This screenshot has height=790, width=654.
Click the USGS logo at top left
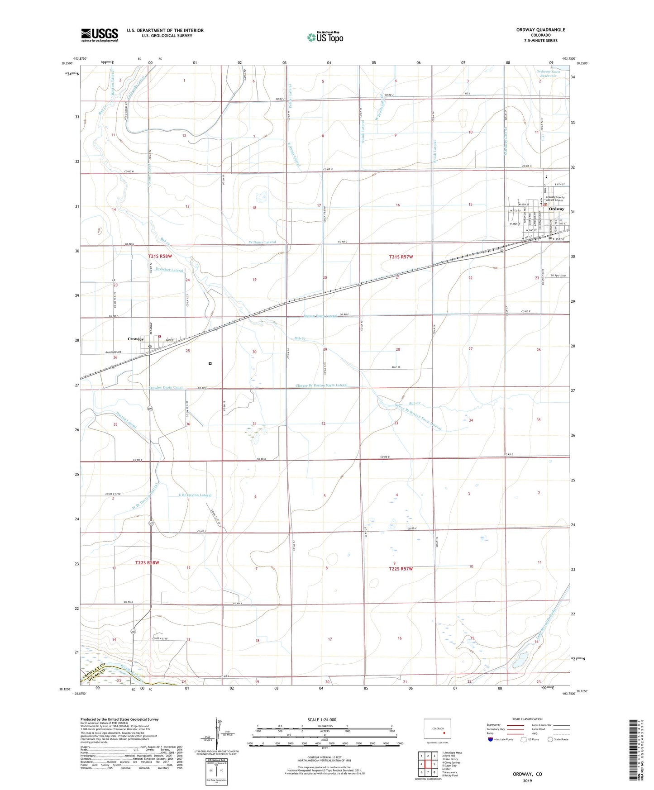click(x=100, y=35)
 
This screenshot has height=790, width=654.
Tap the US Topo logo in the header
click(x=325, y=37)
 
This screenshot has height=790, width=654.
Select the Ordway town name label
click(x=556, y=209)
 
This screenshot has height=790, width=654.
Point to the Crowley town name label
click(x=135, y=339)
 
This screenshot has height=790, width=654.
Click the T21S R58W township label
click(x=160, y=256)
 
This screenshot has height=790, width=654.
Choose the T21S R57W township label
click(x=401, y=257)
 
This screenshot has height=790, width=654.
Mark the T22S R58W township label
click(x=147, y=562)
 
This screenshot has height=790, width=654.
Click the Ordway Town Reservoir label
click(x=548, y=74)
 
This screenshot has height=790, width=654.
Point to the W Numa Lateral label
click(x=262, y=243)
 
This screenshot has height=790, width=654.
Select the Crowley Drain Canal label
click(x=166, y=388)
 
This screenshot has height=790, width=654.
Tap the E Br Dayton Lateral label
click(x=195, y=495)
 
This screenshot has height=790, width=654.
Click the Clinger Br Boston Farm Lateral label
click(x=321, y=385)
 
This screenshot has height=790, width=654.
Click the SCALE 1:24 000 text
click(x=322, y=719)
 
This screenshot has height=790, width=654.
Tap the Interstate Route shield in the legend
click(x=491, y=739)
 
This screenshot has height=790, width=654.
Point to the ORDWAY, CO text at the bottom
click(x=527, y=774)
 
